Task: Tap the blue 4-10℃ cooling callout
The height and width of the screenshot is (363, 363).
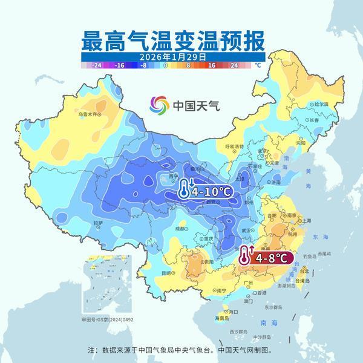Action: [206, 191]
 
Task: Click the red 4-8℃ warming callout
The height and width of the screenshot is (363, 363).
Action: [267, 257]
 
